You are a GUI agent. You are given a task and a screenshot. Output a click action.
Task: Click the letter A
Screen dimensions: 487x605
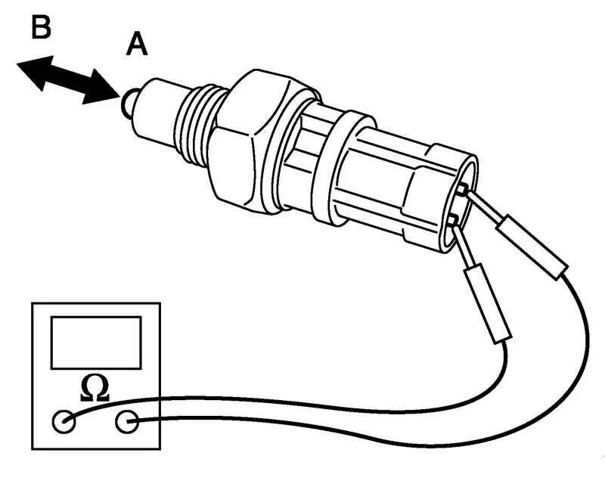[137, 45]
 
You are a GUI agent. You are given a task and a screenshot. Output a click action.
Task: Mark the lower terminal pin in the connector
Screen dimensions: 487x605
[452, 220]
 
